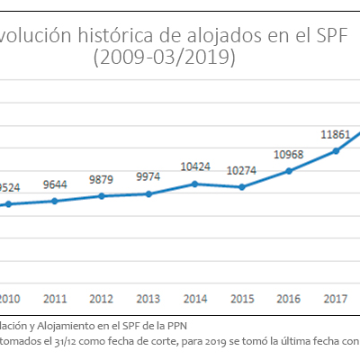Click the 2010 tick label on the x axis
tap(8, 299)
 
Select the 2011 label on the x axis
tap(55, 299)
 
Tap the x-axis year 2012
tap(102, 299)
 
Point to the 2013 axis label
tap(148, 299)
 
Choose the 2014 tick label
tap(195, 299)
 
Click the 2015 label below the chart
tap(242, 299)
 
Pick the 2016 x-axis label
tap(289, 299)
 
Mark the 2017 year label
tap(336, 299)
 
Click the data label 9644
tap(55, 185)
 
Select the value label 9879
tap(102, 180)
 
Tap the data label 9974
tap(148, 178)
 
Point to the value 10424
tap(195, 166)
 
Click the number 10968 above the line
tap(289, 154)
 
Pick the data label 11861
tap(336, 134)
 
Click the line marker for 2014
tap(195, 184)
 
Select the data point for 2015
tap(242, 187)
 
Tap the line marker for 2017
tap(336, 150)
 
